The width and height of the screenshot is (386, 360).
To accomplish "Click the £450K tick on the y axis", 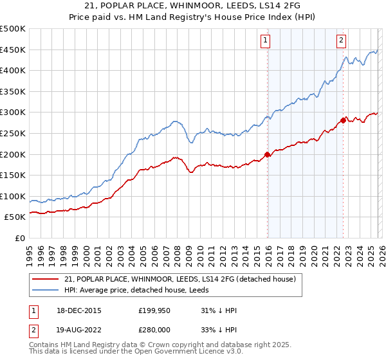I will tap(13, 50).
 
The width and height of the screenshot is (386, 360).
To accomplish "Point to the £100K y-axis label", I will tap(13, 196).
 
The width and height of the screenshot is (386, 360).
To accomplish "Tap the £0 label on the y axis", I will tap(19, 238).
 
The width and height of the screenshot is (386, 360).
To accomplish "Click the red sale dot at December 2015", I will tap(268, 154).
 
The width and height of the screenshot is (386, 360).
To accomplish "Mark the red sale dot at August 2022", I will tap(343, 120).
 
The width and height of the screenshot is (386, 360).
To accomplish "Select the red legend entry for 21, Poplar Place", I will tap(180, 279).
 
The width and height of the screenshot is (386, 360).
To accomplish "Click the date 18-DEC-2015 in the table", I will tap(74, 310).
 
